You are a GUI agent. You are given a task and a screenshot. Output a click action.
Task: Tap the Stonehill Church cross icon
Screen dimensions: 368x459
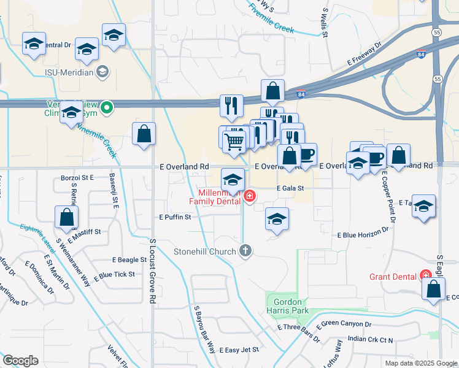click(x=245, y=250)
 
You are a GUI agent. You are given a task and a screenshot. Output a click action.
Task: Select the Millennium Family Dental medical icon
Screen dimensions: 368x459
click(x=249, y=196)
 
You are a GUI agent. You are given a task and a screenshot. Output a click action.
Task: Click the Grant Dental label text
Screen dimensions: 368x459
click(x=393, y=277)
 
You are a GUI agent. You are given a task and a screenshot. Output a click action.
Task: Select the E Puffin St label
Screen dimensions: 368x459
click(x=175, y=217)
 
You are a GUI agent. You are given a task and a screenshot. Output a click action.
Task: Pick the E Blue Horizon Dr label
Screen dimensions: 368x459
click(x=364, y=234)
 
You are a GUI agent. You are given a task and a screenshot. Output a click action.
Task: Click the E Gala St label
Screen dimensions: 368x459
click(x=290, y=189)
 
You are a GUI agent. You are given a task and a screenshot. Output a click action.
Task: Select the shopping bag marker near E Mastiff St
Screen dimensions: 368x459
click(x=66, y=218)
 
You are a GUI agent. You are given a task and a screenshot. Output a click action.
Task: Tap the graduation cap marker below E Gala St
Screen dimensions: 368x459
click(x=277, y=220)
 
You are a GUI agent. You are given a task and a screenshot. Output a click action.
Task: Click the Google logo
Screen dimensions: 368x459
click(x=20, y=361)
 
